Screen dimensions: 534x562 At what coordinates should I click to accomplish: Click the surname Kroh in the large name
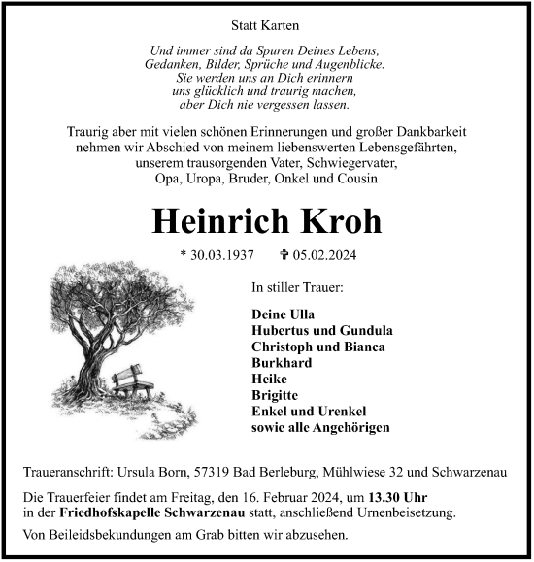pos(334,221)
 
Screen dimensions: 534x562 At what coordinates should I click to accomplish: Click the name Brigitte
pos(275,396)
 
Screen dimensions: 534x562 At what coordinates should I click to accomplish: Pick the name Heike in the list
pos(267,380)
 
